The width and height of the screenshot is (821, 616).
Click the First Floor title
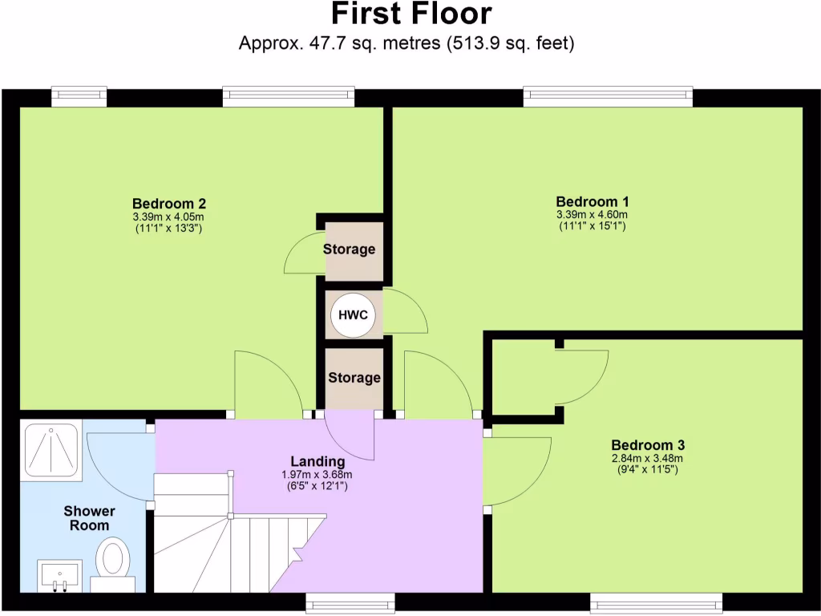410,14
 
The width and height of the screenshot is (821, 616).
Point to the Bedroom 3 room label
647,444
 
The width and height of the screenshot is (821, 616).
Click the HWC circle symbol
354,315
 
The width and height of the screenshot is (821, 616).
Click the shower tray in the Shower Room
50,451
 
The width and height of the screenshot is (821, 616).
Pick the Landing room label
317,461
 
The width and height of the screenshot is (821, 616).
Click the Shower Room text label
89,518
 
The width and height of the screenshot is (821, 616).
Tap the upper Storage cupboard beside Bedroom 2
349,249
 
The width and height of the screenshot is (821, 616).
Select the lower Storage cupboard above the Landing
354,377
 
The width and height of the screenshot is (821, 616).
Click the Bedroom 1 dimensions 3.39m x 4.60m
592,214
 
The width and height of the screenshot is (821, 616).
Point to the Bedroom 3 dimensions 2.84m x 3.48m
647,458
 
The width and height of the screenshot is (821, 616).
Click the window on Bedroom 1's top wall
608,96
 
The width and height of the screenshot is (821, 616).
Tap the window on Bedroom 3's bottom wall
656,602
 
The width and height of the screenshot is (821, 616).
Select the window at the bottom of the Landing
350,602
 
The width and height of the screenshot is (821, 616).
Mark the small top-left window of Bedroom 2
79,96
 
